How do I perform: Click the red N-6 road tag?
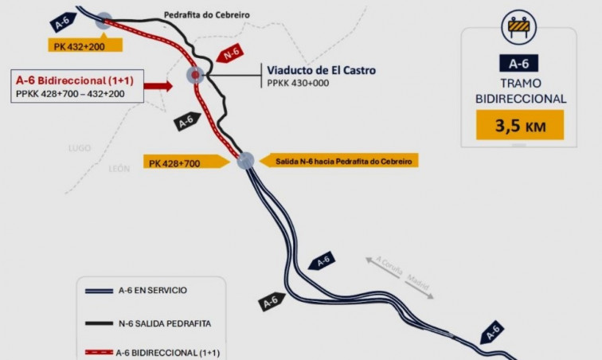(231, 55)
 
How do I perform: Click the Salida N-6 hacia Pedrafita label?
(339, 162)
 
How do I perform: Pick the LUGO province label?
(80, 148)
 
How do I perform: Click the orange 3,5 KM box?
(519, 125)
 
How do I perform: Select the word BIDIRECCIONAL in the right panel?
(520, 99)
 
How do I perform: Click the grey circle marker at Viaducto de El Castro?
(195, 76)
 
